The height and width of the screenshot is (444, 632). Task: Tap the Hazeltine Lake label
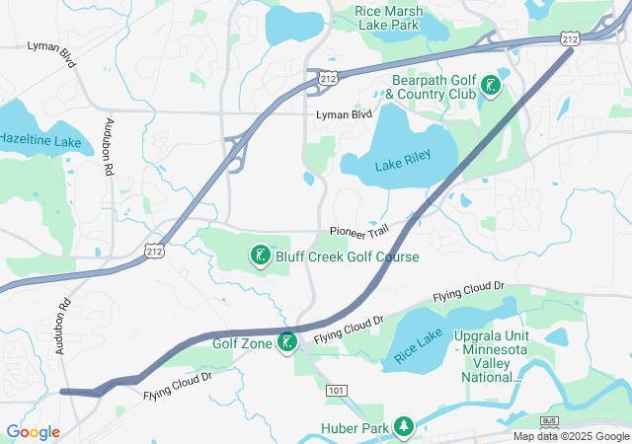(x=40, y=142)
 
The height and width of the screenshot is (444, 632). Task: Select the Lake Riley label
(x=403, y=167)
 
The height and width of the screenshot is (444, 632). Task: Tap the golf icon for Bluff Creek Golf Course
(x=260, y=257)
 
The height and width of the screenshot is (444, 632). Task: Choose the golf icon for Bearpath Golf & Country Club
(x=491, y=87)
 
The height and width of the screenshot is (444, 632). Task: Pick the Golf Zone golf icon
(x=287, y=343)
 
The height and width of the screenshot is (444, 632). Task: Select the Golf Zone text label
(x=242, y=343)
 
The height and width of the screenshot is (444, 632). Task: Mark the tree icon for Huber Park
(x=403, y=426)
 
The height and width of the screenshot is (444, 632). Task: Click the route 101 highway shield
(x=336, y=391)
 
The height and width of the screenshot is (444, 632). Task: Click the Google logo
(x=34, y=432)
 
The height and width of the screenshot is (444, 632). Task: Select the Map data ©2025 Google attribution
(x=571, y=436)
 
